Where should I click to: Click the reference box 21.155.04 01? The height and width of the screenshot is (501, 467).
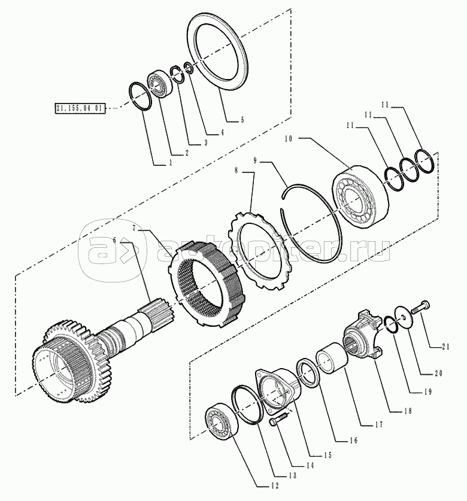tap(80, 108)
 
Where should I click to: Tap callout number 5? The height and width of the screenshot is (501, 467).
tap(242, 120)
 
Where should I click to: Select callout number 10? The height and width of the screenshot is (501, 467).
tap(289, 139)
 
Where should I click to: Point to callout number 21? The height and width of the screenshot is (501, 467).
tap(446, 347)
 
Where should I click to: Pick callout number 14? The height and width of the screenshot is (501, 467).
tap(309, 466)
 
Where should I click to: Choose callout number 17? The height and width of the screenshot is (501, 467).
tap(379, 425)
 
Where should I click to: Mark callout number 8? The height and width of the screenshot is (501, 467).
tap(236, 171)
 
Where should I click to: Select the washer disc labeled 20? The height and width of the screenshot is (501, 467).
tap(404, 317)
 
